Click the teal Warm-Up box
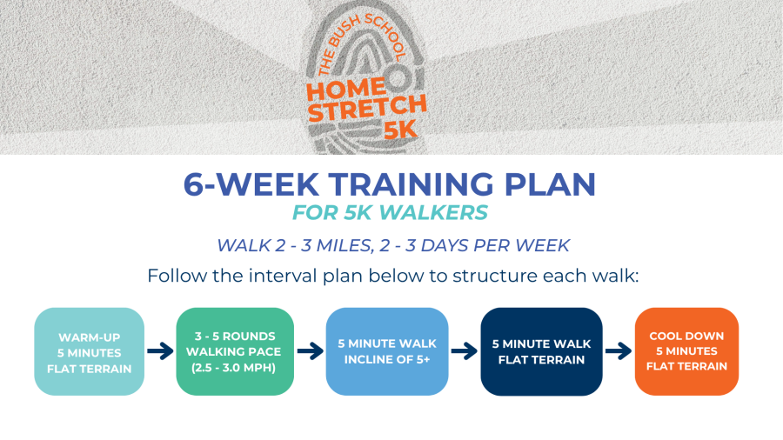point(90,351)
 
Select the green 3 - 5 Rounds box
point(235,351)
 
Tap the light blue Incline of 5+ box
point(387,351)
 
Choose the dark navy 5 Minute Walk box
point(541,351)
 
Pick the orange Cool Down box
point(686,351)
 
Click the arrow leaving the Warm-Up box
point(160,351)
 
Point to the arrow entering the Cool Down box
point(619,351)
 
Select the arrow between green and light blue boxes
point(310,351)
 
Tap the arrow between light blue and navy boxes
point(465,351)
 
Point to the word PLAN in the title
point(551,184)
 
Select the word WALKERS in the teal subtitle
point(433,213)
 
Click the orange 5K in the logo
point(400,130)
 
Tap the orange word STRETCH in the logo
point(367,108)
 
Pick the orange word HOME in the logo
point(346,90)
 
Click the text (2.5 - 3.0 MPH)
point(234,368)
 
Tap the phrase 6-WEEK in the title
point(251,184)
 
